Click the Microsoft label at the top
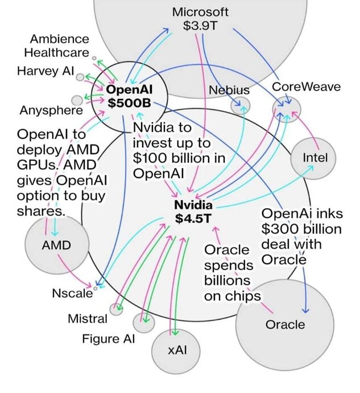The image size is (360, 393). pos(200,11)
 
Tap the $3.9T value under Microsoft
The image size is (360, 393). pos(200,26)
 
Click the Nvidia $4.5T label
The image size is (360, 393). pos(193,212)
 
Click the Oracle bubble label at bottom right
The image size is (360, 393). pos(285,325)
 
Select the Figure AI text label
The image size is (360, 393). pos(109,339)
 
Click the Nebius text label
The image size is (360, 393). pos(229,90)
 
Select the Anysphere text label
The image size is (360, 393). pos(43,110)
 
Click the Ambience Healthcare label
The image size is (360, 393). pos(59,46)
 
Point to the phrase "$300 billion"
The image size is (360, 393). pos(301,229)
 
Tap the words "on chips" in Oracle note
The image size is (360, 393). pos(233,296)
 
